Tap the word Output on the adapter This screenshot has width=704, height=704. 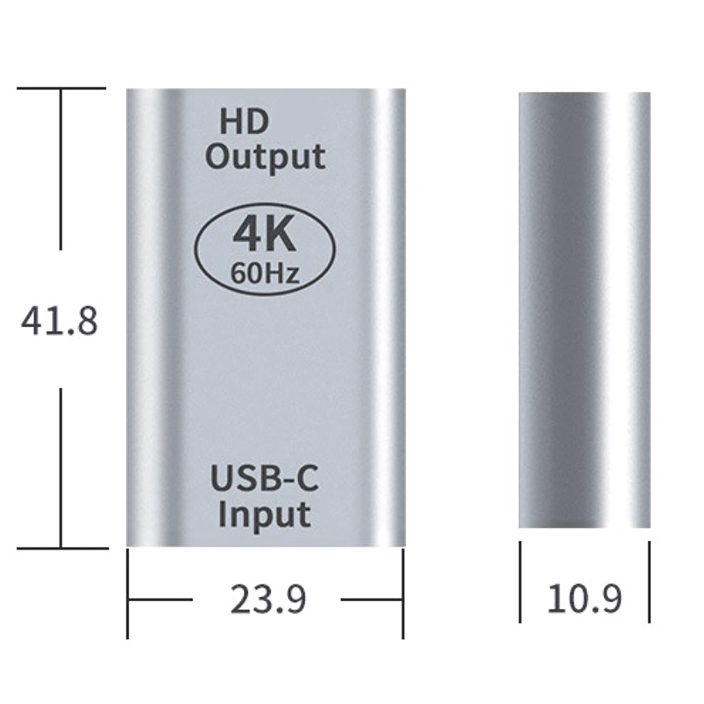coord(265,157)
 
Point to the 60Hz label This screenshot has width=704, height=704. coord(265,273)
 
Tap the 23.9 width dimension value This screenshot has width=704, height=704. coord(268,599)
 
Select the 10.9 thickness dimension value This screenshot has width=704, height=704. coord(584,599)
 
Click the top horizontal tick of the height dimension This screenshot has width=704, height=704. coord(61,88)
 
